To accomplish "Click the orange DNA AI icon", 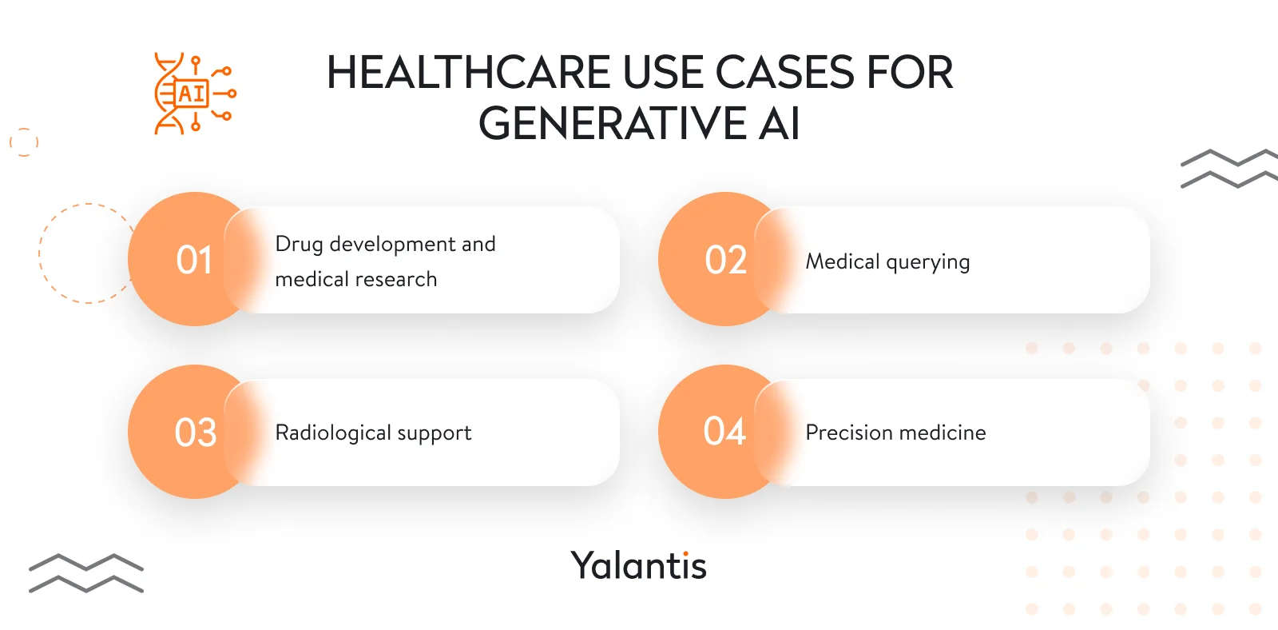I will coord(194,94).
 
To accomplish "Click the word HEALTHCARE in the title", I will coord(470,73).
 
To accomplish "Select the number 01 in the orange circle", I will coord(194,261).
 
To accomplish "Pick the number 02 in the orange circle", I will coord(725,261).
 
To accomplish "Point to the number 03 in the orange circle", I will coord(196,433).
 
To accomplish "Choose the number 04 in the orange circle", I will coord(724,432).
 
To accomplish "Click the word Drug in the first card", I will coord(299,245).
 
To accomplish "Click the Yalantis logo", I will coord(638,565).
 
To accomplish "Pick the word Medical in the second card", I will coord(842,261).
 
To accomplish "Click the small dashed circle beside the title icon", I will coord(24,142).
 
